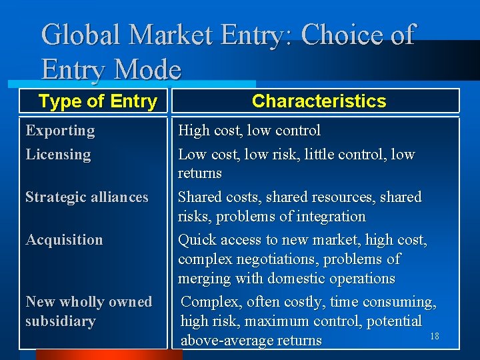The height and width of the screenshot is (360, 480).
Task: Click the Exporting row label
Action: pos(60,131)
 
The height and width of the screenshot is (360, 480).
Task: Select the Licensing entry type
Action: pos(58,155)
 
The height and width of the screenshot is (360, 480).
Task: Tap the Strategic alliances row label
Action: pos(87,197)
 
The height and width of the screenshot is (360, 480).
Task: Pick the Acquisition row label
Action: pos(64,240)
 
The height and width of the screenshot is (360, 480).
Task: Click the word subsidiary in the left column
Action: pos(60,321)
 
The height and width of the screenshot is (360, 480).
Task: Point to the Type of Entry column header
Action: pos(97,101)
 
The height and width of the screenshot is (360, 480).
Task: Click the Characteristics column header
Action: pos(319,101)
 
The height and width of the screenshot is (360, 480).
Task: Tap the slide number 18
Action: pos(435,337)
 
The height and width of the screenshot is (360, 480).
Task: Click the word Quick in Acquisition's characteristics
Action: pos(197,240)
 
